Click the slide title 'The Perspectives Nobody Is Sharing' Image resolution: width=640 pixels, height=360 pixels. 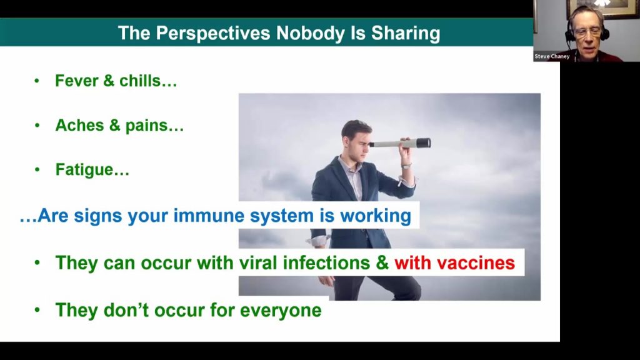coord(279,33)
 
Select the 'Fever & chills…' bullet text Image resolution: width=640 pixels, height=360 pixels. coord(116,81)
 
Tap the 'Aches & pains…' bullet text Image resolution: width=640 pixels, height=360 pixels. coord(119,126)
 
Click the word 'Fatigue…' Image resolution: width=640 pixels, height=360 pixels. coord(92,170)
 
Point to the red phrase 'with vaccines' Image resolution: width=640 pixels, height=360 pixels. coord(454,263)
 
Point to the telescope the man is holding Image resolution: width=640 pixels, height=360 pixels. coord(400,143)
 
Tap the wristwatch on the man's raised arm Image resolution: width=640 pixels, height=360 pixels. coord(406,166)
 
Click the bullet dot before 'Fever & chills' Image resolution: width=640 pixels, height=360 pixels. coord(37,81)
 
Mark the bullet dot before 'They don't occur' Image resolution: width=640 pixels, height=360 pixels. coord(37,310)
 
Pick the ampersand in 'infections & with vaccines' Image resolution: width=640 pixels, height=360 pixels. coord(382,263)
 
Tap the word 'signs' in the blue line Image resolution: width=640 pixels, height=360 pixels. coord(99,216)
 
